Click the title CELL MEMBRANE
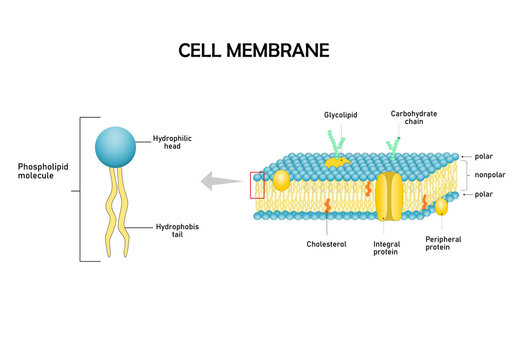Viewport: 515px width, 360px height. click(x=253, y=49)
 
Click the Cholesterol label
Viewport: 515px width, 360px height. click(x=326, y=243)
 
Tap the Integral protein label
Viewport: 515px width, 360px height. click(x=386, y=247)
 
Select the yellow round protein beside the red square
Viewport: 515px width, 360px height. click(x=281, y=180)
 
